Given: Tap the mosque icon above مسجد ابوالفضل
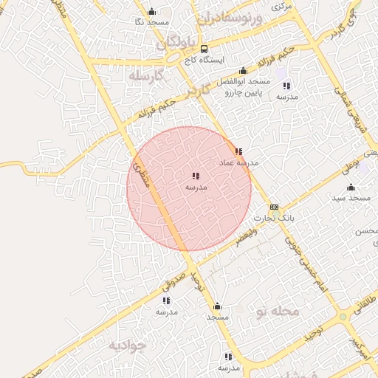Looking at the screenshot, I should pos(243,71).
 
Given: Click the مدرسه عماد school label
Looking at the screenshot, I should pos(236,162).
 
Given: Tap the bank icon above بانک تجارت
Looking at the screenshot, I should pos(274,207).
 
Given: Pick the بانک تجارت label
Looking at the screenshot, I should pos(274,219).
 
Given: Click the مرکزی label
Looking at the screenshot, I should pos(282,6).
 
